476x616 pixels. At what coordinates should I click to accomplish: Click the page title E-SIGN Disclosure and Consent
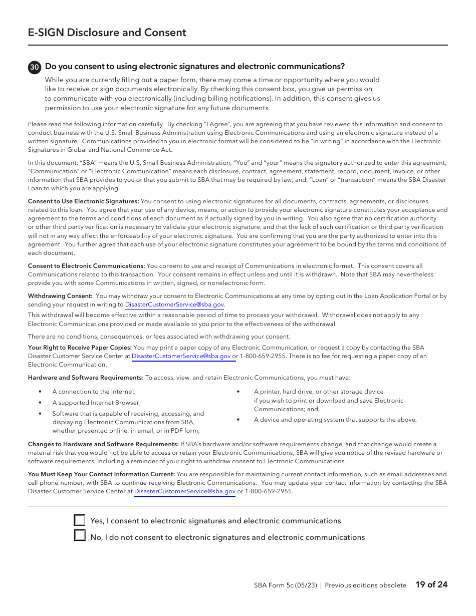107,33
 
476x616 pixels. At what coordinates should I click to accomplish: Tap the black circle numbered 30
35,67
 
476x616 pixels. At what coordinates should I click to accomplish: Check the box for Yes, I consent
80,520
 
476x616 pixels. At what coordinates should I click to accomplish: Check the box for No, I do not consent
80,535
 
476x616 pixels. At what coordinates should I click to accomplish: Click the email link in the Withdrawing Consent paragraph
174,304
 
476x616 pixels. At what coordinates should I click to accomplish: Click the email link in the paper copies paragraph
181,356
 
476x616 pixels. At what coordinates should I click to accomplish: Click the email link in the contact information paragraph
184,491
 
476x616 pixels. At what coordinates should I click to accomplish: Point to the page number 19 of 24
431,584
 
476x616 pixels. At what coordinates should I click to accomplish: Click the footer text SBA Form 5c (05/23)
285,585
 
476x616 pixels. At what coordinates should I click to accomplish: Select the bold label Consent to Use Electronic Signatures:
83,201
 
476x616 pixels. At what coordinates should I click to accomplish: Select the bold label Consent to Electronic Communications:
86,266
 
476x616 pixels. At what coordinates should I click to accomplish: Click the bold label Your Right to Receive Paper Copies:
80,348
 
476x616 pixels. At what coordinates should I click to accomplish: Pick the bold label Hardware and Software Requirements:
86,378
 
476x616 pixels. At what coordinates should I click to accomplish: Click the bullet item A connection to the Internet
94,392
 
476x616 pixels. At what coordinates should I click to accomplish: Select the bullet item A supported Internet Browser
96,403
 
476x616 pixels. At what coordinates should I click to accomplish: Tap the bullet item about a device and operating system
335,420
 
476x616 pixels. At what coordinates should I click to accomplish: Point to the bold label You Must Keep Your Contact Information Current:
101,474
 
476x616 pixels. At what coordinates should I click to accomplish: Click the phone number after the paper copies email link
263,356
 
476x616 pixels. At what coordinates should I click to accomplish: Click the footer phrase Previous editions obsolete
365,585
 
